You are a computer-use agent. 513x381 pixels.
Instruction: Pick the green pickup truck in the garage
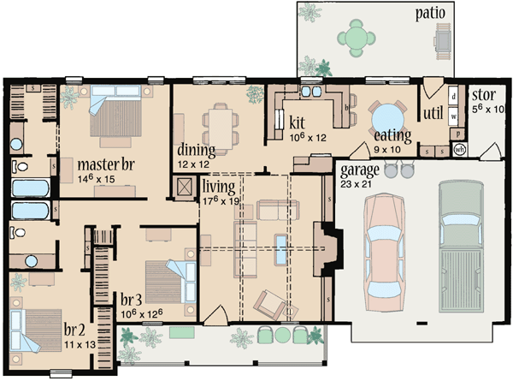(x=463, y=250)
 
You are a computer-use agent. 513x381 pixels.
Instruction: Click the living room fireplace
(x=324, y=249)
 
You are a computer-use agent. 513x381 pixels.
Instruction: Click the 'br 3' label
(x=131, y=300)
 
